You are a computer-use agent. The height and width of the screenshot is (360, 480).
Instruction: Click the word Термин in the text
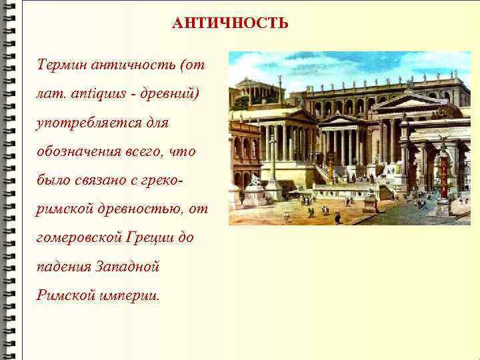(61, 65)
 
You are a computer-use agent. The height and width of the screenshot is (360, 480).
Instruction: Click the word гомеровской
(75, 238)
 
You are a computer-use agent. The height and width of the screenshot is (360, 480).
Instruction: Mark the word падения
(64, 267)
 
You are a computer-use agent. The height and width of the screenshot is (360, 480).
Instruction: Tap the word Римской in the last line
(62, 295)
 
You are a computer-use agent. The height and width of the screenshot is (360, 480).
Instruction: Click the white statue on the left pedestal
(255, 180)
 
